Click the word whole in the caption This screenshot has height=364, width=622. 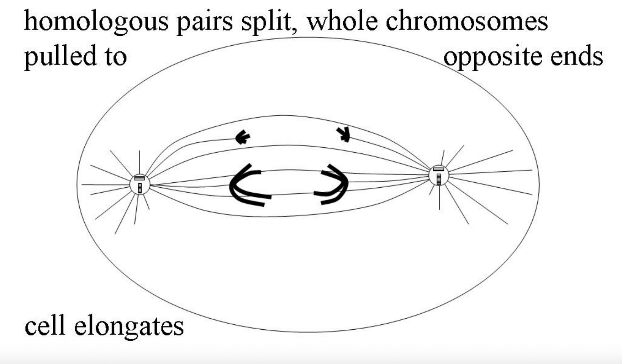click(x=342, y=21)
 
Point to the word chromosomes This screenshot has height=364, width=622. click(x=466, y=21)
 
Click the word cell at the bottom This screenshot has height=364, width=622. click(x=45, y=326)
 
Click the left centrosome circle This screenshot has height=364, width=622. click(x=140, y=184)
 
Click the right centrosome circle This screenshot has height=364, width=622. click(x=439, y=175)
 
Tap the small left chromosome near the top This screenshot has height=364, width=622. click(x=243, y=137)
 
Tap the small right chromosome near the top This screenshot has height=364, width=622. click(x=344, y=134)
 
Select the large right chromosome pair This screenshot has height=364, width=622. click(x=333, y=184)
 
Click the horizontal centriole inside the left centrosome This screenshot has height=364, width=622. click(x=140, y=178)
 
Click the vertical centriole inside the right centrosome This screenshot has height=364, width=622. click(x=439, y=179)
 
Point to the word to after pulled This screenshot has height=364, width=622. click(x=115, y=57)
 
